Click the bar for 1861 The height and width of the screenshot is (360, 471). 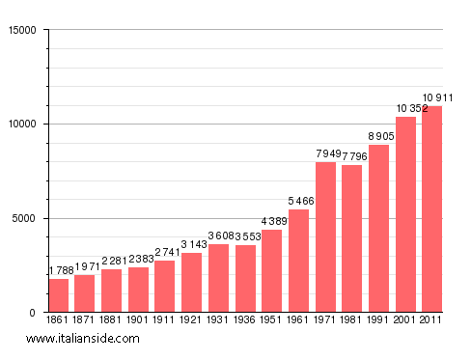(x=59, y=295)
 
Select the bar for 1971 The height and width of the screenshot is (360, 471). (x=326, y=237)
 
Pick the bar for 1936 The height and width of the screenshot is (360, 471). (x=246, y=279)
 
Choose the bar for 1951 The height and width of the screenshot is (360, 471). (x=272, y=271)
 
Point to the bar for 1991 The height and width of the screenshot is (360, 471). (x=379, y=228)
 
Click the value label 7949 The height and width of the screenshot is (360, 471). (x=326, y=154)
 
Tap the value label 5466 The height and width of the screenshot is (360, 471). (x=299, y=202)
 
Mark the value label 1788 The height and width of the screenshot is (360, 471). (x=59, y=271)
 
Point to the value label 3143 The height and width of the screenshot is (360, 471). (x=192, y=245)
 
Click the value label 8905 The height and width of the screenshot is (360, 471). (x=379, y=137)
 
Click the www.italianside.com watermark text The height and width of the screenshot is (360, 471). (x=83, y=339)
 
